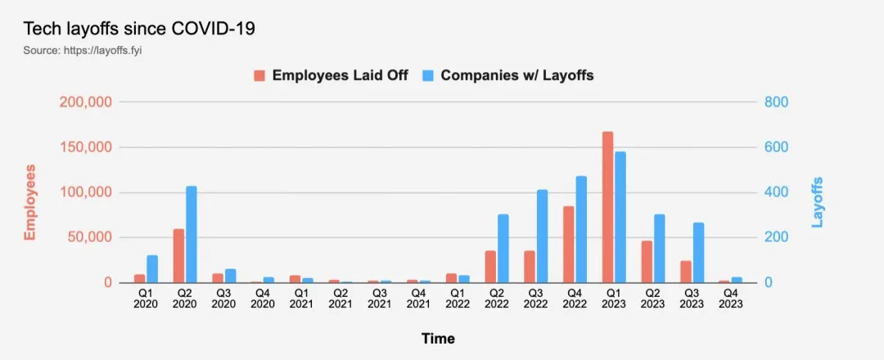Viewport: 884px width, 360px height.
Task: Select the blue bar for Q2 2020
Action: [x=192, y=235]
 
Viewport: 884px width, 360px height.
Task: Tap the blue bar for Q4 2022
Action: [x=581, y=230]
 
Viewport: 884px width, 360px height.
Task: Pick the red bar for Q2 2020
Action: [x=178, y=256]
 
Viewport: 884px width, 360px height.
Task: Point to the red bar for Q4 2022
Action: [x=568, y=245]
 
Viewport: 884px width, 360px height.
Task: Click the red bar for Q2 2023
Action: [x=647, y=262]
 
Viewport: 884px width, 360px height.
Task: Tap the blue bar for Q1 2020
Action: [x=152, y=269]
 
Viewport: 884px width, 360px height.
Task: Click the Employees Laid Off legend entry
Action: [x=331, y=75]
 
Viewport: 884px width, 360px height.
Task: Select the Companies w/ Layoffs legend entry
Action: [x=507, y=75]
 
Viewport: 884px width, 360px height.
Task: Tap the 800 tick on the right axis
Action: [x=776, y=103]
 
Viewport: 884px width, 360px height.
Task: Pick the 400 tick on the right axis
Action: [x=776, y=193]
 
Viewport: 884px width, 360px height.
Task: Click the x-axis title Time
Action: [x=438, y=339]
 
